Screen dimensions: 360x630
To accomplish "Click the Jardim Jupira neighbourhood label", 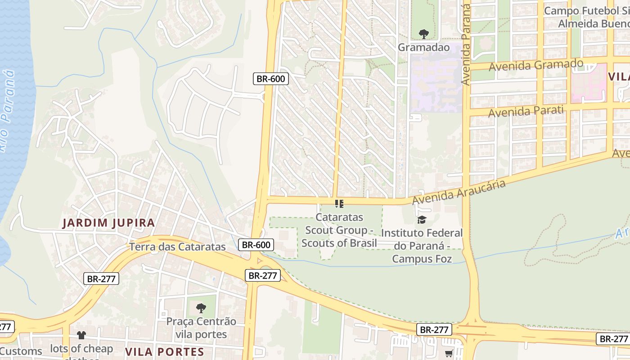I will point(108,223).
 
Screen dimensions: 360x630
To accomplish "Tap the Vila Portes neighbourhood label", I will point(164,351).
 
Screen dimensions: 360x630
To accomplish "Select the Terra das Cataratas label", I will point(177,247).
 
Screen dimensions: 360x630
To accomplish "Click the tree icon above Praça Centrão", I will point(201,308).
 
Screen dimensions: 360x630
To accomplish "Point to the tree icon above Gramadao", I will point(423,34).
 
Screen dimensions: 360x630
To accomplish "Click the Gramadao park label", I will point(423,47).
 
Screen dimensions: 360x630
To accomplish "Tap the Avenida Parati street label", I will point(526,111).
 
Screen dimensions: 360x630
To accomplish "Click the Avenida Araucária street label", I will point(459,191).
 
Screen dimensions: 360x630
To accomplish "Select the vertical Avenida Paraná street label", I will point(466,45).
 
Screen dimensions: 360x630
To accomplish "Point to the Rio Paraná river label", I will point(7,110).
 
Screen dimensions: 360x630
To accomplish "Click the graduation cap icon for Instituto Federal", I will point(422,220).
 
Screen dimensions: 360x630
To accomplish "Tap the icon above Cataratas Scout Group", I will point(339,204).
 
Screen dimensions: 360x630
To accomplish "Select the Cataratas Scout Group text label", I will point(339,230).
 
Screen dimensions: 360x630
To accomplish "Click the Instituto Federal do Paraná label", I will point(422,246).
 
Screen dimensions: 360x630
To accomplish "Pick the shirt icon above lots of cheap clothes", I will point(81,335).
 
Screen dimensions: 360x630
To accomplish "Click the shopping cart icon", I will point(449,354).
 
